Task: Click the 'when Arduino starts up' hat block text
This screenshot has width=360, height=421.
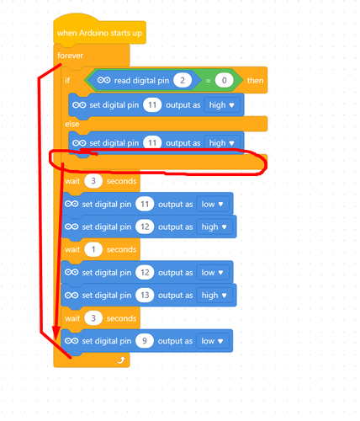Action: [99, 33]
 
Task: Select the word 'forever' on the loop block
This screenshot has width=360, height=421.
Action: [70, 56]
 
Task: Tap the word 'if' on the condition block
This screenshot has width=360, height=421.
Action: [67, 81]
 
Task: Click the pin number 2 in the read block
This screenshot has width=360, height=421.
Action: [183, 81]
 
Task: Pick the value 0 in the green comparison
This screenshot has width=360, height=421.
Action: [224, 81]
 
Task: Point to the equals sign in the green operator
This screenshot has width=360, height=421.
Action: [208, 81]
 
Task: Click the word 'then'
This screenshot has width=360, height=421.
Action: [255, 81]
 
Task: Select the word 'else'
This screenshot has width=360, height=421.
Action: [72, 124]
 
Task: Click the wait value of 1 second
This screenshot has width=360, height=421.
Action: [93, 249]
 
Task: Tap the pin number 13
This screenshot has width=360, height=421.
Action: [145, 296]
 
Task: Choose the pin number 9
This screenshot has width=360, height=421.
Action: [145, 341]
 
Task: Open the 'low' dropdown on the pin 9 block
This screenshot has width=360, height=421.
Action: [212, 341]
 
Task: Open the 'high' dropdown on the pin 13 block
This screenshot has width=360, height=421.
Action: [214, 296]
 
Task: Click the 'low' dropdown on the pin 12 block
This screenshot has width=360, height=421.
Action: [212, 273]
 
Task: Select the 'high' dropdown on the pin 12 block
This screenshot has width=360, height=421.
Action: [214, 226]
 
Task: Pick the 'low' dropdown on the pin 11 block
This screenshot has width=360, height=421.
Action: [212, 204]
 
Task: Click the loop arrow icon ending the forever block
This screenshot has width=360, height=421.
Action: [121, 360]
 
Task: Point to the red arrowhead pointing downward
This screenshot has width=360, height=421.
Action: [56, 333]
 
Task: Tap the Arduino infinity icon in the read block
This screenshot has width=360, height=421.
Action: [104, 81]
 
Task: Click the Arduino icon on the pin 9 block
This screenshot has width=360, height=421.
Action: [71, 341]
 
